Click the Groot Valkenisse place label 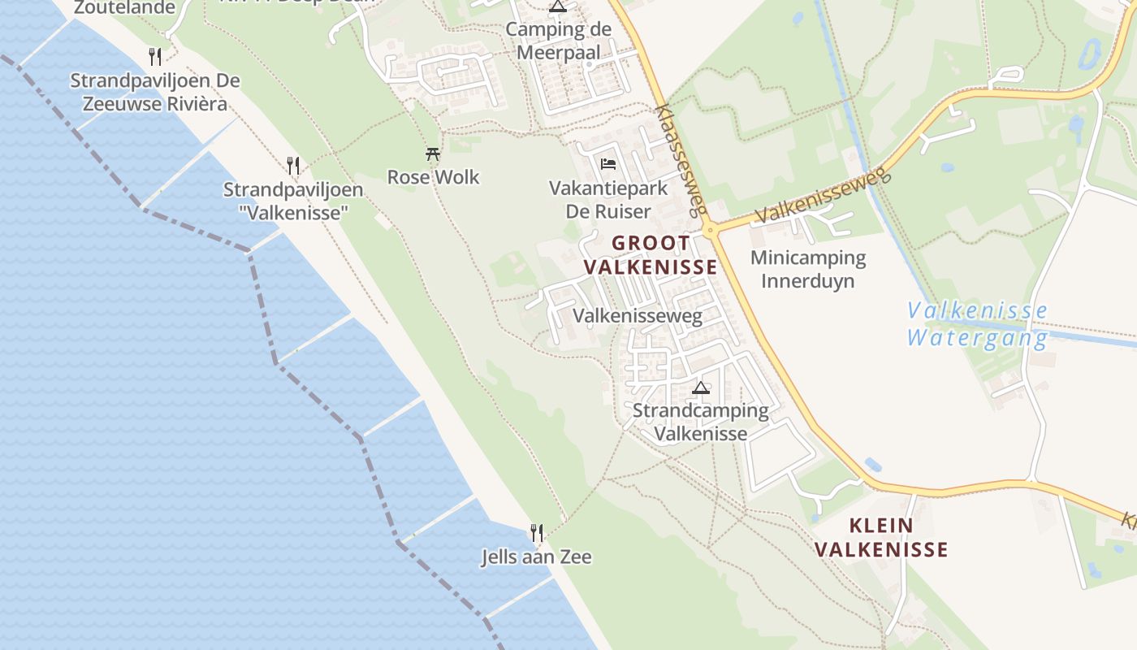651,254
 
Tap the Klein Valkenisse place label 881,537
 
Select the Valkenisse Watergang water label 977,324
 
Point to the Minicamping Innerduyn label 808,269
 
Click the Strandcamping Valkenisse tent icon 701,388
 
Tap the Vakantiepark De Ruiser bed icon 607,163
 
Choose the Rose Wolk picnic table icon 433,153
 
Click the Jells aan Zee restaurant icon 536,532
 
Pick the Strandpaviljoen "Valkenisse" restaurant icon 293,165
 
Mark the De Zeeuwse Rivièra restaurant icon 155,56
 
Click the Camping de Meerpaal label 558,41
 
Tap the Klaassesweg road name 679,159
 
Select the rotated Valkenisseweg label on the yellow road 823,197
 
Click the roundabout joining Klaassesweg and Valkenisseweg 711,230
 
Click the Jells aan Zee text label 536,557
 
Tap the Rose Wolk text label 433,176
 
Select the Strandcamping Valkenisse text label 701,422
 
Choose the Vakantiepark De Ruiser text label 608,200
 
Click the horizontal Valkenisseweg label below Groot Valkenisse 638,315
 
